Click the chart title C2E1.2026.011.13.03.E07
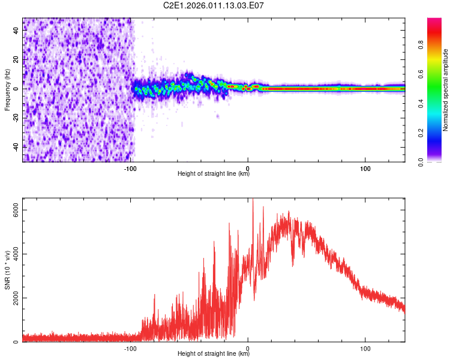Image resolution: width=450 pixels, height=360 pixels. tap(214, 6)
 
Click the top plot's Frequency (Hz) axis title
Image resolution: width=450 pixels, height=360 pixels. tap(7, 90)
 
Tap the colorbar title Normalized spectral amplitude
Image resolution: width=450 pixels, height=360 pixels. tap(446, 90)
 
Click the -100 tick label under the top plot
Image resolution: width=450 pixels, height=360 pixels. tap(131, 169)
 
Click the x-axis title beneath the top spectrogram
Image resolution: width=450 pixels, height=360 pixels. tap(214, 175)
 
